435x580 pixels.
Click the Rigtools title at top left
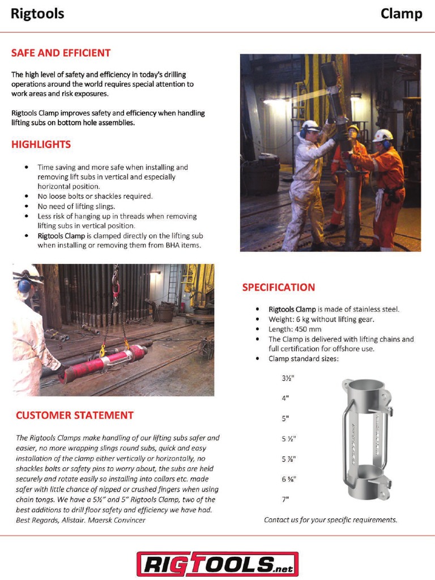click(37, 14)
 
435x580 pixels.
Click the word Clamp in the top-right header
click(401, 14)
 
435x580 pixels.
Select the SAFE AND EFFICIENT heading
click(61, 53)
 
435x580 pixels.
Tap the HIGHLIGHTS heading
click(41, 144)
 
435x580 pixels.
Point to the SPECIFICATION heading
click(278, 287)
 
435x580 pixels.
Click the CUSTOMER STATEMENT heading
click(74, 415)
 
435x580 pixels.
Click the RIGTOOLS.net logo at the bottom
click(217, 564)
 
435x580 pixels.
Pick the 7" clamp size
click(285, 499)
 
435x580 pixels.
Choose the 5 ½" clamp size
click(289, 438)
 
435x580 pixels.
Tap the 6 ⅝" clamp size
click(289, 479)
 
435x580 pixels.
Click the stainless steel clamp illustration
click(366, 439)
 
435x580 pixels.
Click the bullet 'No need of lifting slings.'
click(76, 206)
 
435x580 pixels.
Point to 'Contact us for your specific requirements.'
click(330, 519)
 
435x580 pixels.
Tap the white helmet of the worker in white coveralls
click(310, 126)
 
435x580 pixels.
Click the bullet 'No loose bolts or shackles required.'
click(95, 196)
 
